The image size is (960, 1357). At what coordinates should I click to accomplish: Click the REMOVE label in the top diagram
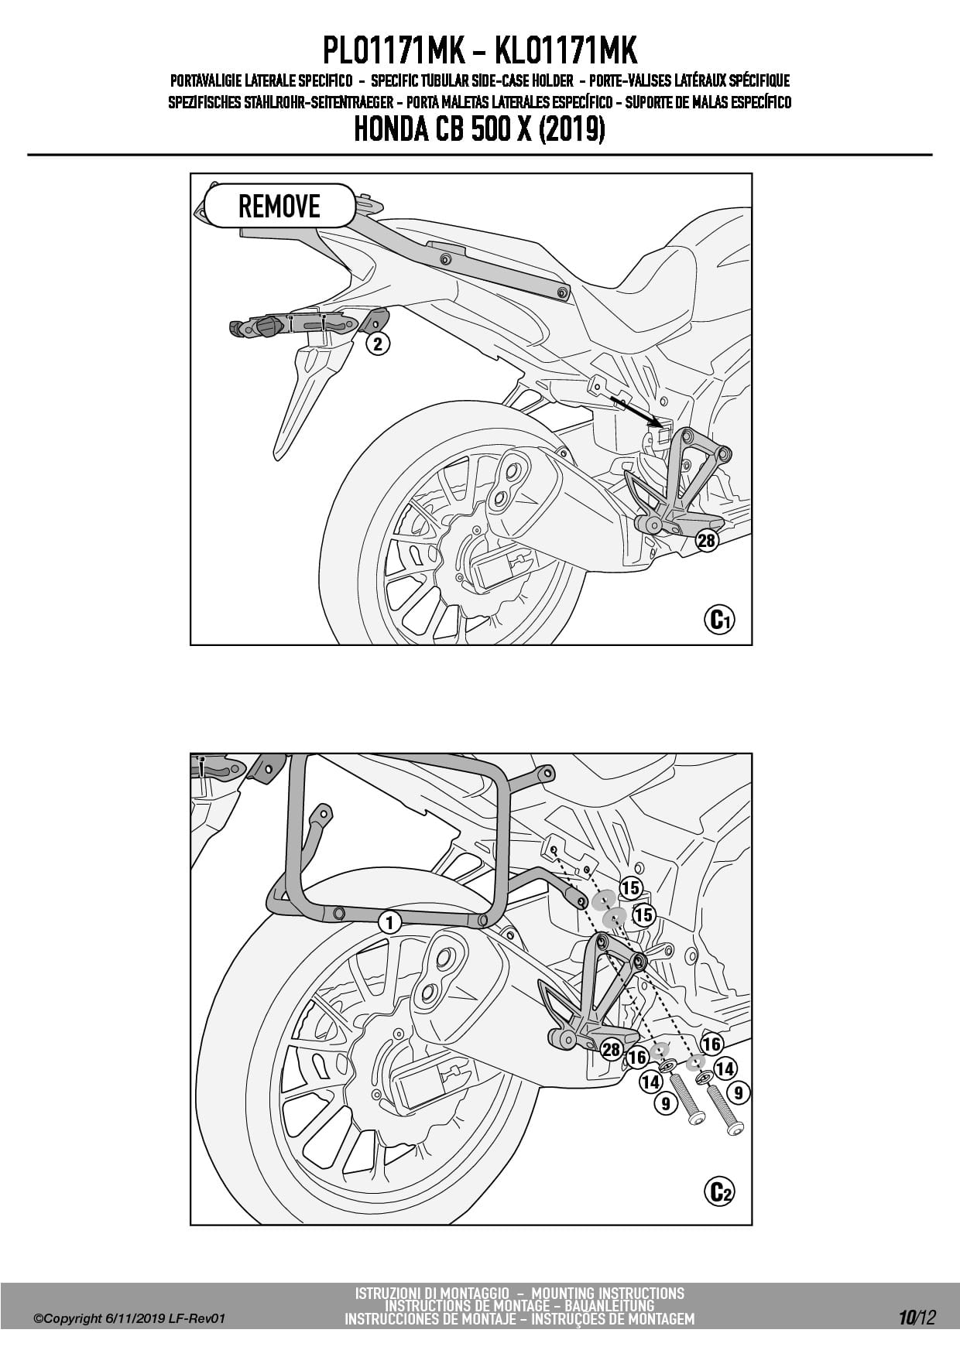point(279,206)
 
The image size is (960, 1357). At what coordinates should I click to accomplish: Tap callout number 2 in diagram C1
point(378,344)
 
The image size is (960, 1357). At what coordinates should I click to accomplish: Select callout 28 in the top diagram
point(707,540)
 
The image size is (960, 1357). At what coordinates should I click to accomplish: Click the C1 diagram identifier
point(719,619)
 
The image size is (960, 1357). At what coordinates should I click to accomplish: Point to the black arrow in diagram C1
point(635,411)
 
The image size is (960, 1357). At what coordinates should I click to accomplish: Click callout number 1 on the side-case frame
point(389,922)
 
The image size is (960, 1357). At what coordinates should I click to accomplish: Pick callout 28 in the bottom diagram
point(612,1049)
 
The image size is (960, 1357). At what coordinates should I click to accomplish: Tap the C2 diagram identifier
point(719,1192)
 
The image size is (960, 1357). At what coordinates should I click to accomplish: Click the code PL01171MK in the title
point(393,51)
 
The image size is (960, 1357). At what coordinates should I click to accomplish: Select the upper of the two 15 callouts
point(631,889)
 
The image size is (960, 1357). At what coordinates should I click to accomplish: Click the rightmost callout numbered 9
point(739,1092)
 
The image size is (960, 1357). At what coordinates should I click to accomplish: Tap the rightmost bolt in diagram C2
point(723,1108)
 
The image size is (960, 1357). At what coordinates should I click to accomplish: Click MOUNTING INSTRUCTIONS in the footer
point(608,1293)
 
